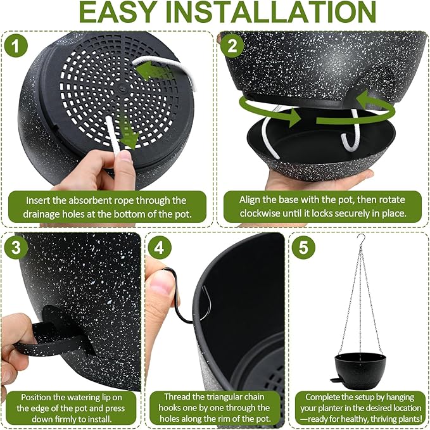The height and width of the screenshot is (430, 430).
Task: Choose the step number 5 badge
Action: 303,247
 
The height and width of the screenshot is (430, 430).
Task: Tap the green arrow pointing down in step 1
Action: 129,135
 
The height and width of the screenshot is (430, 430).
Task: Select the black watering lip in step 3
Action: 54,336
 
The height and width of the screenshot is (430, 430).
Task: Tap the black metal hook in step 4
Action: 183,298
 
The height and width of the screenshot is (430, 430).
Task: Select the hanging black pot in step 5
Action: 359,367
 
